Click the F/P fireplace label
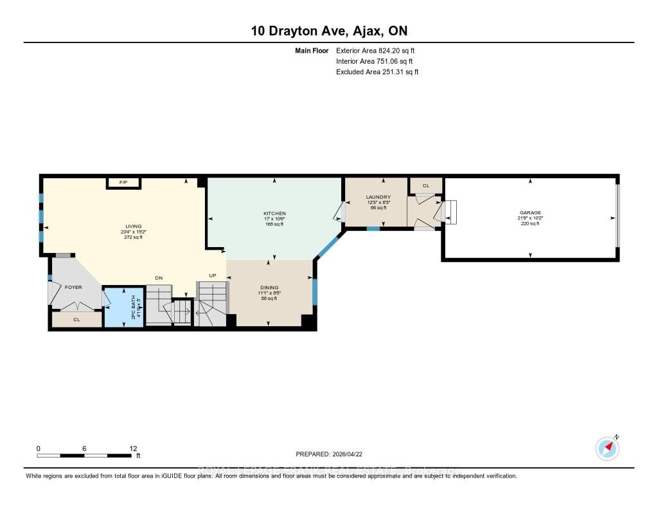click(123, 183)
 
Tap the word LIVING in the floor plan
click(133, 226)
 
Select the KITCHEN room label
click(274, 214)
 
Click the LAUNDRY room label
click(378, 197)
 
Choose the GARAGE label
click(530, 212)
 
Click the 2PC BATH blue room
click(124, 307)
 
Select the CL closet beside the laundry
click(425, 185)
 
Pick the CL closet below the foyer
click(76, 319)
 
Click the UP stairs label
click(213, 275)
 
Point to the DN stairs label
click(159, 278)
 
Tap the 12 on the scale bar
click(133, 449)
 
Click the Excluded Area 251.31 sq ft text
click(377, 72)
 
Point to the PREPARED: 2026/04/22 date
click(333, 454)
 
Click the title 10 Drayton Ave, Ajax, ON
click(328, 30)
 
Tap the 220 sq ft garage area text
click(530, 223)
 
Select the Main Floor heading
click(312, 50)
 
